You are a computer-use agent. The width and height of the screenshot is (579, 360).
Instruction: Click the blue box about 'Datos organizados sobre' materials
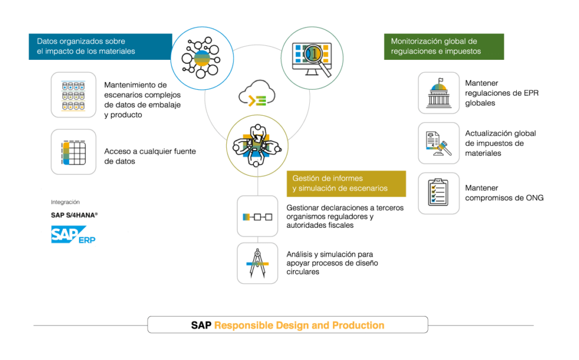tap(100, 46)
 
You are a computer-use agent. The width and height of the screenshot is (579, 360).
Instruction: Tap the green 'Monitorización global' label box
tap(444, 46)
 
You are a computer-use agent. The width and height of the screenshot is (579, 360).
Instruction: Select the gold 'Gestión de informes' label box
tap(345, 184)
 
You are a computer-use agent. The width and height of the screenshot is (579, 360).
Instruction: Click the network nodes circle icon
tap(202, 58)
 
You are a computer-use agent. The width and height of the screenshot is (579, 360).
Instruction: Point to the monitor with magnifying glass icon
tap(312, 58)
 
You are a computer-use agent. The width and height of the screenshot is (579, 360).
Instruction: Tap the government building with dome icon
tap(439, 93)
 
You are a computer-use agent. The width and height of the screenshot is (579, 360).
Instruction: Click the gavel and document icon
tap(439, 144)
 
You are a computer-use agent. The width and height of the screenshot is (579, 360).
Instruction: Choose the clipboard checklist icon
tap(439, 193)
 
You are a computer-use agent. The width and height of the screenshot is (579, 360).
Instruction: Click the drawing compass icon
tap(257, 263)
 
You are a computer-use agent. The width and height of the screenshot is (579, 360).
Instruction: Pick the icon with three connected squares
tap(257, 216)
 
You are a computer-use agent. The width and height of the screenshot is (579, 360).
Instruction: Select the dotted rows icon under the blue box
tap(74, 95)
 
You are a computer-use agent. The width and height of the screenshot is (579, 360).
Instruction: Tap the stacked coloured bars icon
tap(74, 151)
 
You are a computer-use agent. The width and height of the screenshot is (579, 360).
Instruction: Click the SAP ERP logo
tap(74, 236)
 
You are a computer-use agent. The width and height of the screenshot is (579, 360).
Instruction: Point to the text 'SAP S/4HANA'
tap(74, 215)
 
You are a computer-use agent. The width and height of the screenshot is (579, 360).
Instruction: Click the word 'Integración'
tap(66, 202)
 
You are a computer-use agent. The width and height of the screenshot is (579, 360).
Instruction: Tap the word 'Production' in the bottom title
tap(358, 326)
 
